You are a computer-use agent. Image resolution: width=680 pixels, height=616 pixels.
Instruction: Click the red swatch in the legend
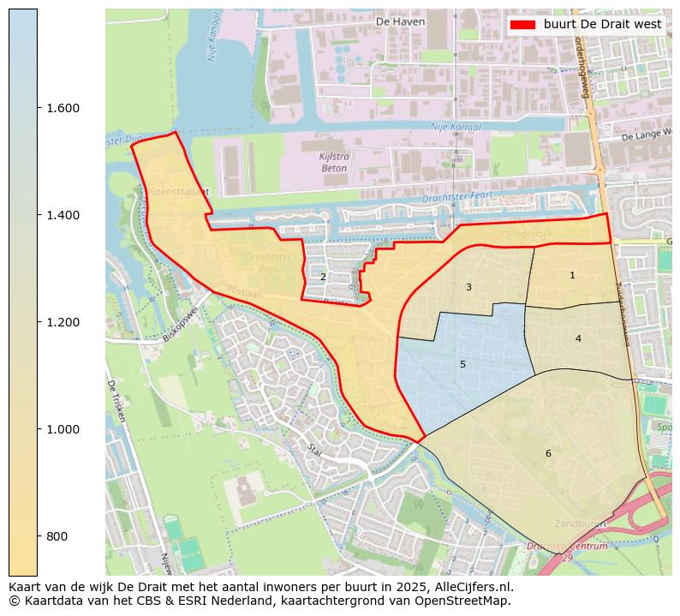click(522, 24)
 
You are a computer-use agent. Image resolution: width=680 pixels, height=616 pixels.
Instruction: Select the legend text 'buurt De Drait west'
click(602, 24)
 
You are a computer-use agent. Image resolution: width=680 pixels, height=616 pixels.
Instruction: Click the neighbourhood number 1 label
click(572, 276)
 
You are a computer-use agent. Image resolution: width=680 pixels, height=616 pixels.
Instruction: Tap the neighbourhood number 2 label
click(323, 277)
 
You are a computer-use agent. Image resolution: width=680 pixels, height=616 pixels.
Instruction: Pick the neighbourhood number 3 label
click(468, 287)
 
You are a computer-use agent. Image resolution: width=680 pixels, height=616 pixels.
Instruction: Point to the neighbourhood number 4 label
click(578, 338)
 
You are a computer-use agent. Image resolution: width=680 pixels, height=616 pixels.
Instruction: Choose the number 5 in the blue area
click(462, 364)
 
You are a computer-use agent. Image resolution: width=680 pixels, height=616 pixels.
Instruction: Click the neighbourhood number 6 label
click(548, 453)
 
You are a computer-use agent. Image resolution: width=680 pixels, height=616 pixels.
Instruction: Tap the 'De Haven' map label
click(400, 21)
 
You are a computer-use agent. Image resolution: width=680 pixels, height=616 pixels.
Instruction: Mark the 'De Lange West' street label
click(646, 135)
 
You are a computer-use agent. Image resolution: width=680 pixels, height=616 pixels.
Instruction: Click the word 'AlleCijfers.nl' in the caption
click(473, 587)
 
